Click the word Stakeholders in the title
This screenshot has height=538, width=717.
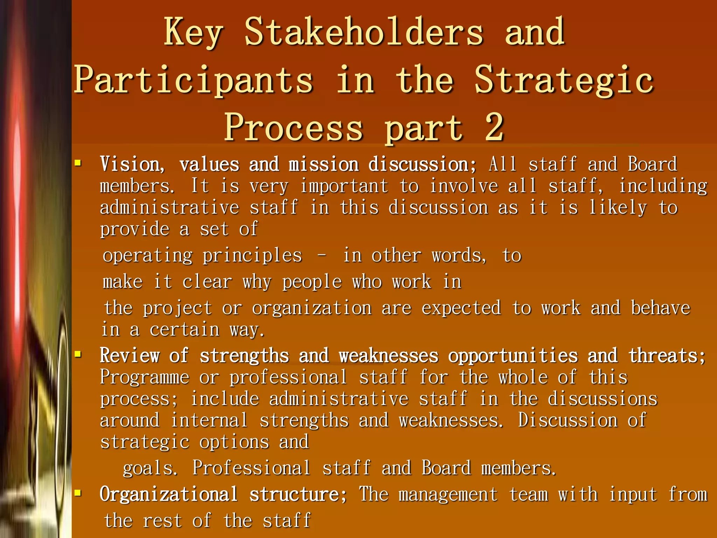[364, 32]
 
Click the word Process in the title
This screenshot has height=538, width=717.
[293, 128]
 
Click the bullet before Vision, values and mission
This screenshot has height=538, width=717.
[78, 163]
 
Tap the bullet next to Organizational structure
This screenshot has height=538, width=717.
[78, 493]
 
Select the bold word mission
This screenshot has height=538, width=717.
[323, 165]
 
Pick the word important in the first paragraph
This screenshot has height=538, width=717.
[344, 186]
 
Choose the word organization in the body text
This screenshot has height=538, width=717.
[312, 309]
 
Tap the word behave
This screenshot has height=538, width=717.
[660, 308]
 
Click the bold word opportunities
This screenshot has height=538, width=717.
[513, 356]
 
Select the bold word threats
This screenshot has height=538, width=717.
[667, 356]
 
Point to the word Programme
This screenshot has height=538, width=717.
[145, 378]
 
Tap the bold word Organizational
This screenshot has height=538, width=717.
[169, 495]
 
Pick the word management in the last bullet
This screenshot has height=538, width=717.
[448, 495]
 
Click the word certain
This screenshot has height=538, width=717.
[185, 330]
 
